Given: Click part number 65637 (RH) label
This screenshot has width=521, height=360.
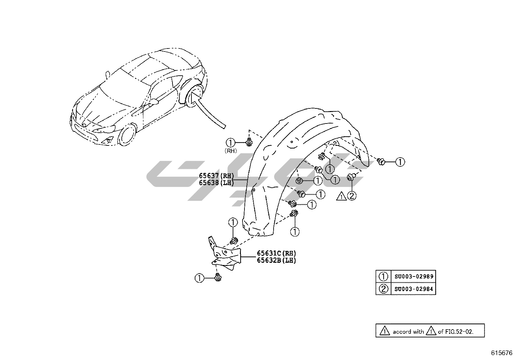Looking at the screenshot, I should (x=216, y=176).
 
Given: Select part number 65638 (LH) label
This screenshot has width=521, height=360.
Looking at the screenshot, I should (x=216, y=183).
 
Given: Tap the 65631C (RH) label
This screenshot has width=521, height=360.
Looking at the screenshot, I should (x=276, y=253).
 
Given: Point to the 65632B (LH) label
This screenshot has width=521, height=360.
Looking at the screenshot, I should (x=276, y=260).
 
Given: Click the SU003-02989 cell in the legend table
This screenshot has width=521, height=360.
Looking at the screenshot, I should (x=414, y=276).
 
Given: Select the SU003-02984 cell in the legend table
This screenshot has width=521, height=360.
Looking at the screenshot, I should (x=414, y=289).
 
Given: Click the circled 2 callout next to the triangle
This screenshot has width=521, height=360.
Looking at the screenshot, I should (x=352, y=196).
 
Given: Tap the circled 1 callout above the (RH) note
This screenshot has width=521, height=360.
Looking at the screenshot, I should (x=230, y=143).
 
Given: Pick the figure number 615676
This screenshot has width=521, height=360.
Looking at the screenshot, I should (x=501, y=353).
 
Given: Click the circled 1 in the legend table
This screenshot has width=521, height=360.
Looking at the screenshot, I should (x=383, y=276).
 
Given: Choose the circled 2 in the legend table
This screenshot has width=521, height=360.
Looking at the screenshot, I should (x=383, y=289).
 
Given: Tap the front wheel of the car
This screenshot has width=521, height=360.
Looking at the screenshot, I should (x=127, y=135).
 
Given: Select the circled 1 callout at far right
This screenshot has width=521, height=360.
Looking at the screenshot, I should (x=400, y=162).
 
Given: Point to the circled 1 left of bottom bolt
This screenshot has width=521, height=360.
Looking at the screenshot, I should (x=199, y=278).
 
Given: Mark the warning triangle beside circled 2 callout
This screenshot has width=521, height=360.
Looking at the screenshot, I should (x=341, y=197).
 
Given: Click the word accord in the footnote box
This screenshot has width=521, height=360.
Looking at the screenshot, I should (x=402, y=332).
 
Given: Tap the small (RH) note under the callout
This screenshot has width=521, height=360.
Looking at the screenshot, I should (x=230, y=151).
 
